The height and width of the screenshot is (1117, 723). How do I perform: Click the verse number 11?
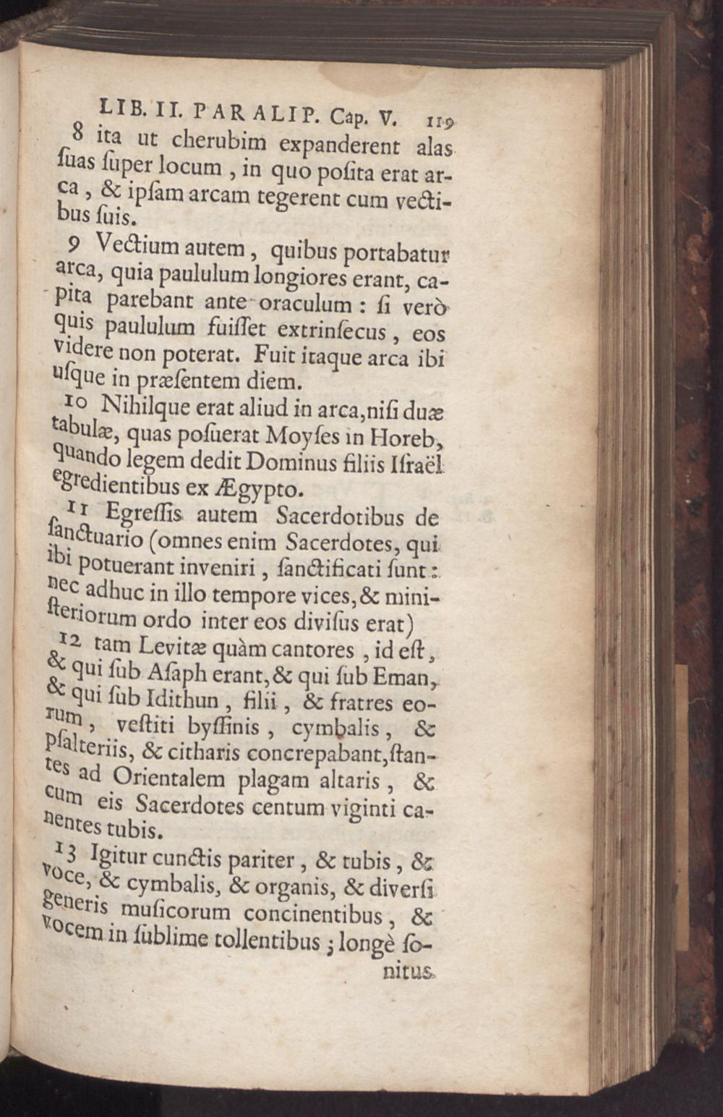click(x=79, y=511)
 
